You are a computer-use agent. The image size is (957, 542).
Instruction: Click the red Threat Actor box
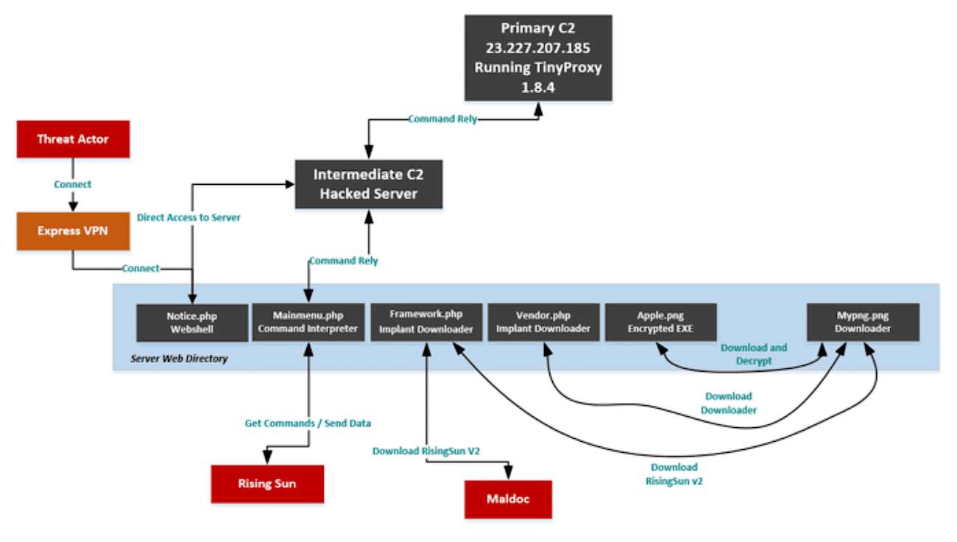73,139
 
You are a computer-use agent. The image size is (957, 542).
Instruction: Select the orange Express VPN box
73,230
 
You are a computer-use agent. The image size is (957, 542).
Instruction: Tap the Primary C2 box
538,57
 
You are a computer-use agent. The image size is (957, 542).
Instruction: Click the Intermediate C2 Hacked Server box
369,184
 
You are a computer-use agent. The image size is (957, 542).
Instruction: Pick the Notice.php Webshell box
192,323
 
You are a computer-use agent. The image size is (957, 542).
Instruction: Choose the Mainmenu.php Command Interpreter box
308,322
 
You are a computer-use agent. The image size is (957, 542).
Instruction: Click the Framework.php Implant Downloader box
426,322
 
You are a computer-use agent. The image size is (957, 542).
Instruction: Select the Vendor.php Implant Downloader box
543,322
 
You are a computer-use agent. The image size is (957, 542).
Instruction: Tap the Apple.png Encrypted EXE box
660,322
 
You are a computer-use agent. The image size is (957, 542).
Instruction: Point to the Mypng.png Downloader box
863,322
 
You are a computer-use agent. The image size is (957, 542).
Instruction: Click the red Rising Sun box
267,484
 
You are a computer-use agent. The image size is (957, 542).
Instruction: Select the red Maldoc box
509,499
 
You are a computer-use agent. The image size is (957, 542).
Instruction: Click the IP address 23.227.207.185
538,48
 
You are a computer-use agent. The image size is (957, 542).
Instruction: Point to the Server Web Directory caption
179,359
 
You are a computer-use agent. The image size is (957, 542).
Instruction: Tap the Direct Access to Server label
188,217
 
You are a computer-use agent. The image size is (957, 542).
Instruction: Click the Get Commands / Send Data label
308,423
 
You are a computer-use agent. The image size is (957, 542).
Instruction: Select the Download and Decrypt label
754,354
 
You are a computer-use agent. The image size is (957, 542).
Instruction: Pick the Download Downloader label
729,403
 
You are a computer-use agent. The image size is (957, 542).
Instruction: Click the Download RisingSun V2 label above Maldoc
426,451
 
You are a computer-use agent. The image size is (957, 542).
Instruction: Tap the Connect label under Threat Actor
73,184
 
